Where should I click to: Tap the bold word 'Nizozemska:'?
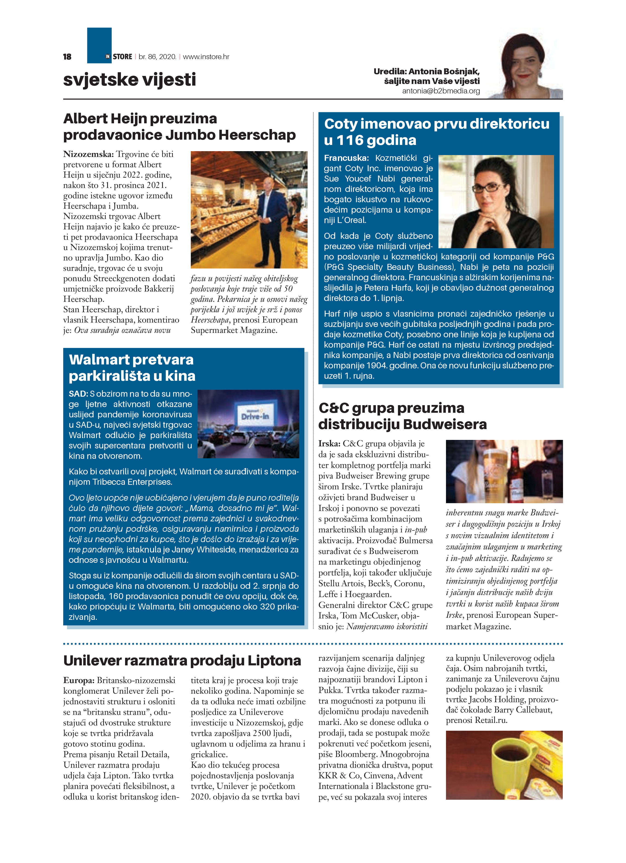[x=88, y=154]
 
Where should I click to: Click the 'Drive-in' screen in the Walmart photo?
[x=255, y=416]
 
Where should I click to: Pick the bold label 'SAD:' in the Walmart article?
[x=78, y=394]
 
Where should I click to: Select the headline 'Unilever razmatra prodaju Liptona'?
[x=182, y=661]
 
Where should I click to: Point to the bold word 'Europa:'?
[x=79, y=680]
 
